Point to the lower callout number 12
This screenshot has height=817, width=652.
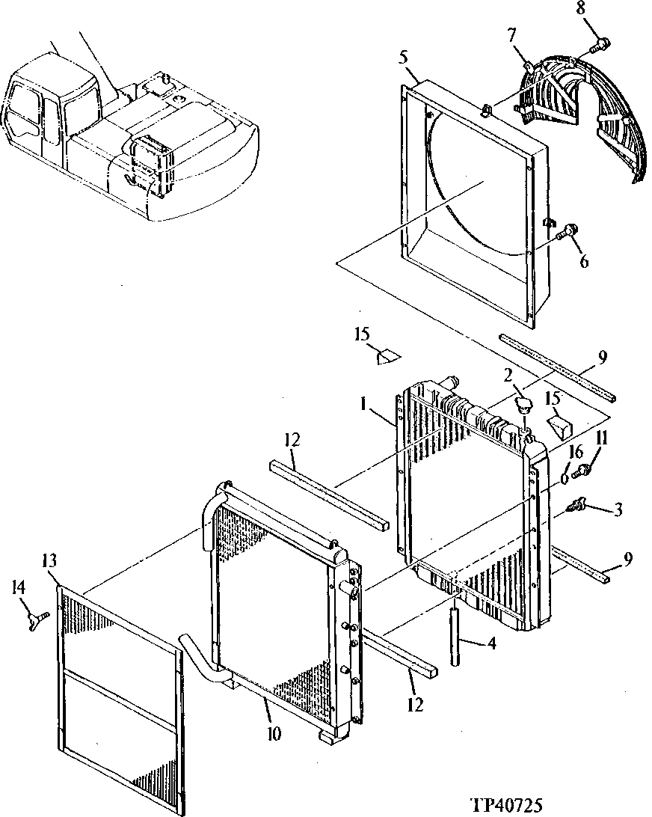coord(416,704)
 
